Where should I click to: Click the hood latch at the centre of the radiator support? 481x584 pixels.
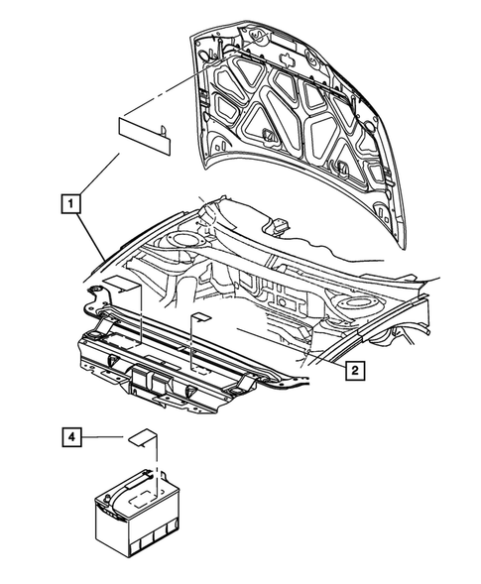point(148,381)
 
